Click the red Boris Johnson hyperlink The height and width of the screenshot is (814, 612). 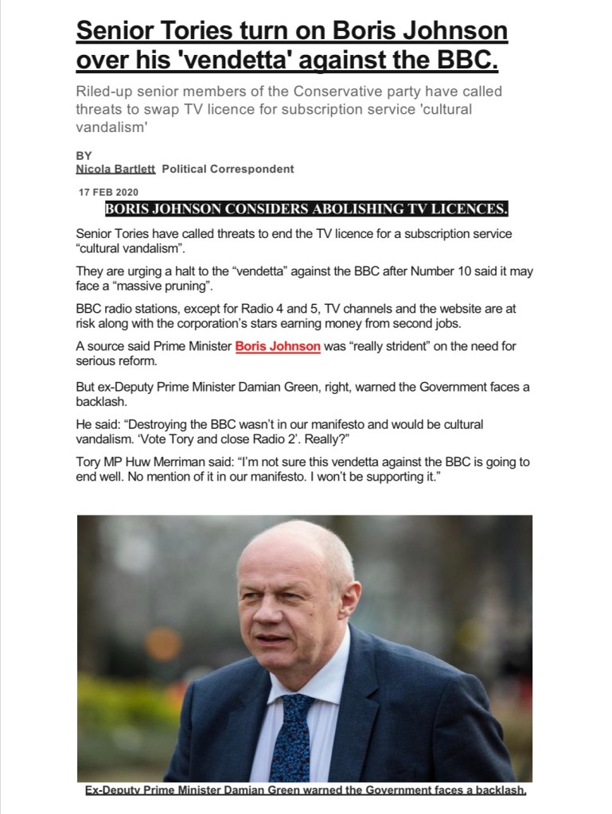[x=278, y=347]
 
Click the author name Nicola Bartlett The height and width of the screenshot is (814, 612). [x=115, y=169]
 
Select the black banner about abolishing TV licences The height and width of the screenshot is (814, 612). [x=306, y=209]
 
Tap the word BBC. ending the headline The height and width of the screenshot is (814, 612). [x=468, y=59]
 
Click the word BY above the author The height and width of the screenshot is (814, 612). [x=84, y=156]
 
